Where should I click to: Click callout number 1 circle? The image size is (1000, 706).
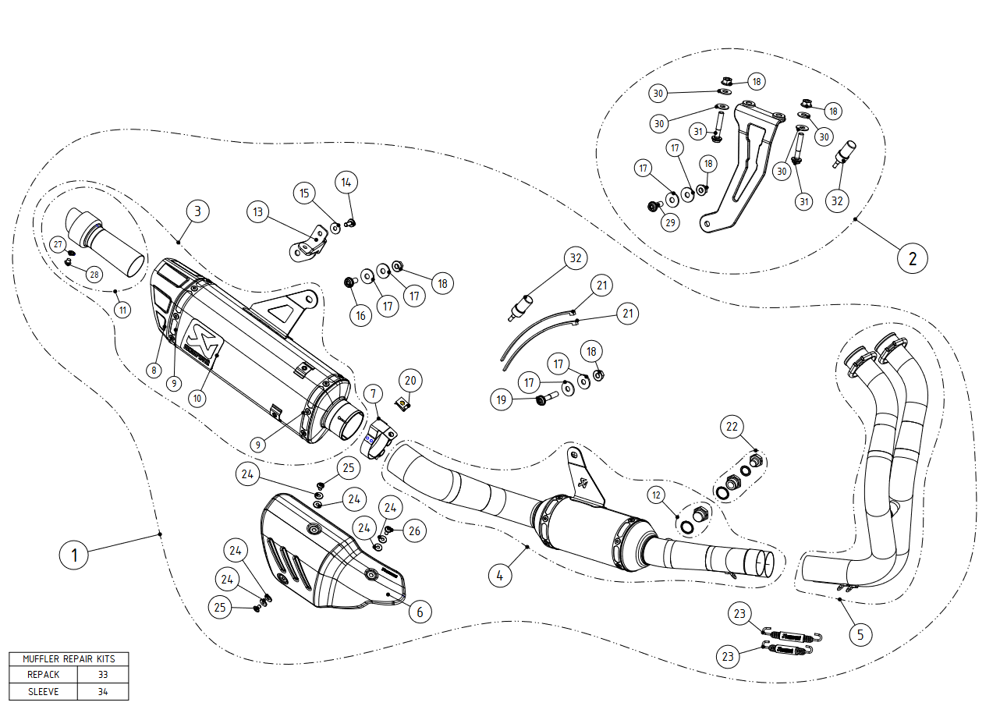[74, 555]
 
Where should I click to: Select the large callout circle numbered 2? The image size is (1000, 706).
[912, 257]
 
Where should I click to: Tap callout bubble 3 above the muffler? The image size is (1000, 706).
[198, 211]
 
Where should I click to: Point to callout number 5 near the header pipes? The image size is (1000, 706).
[860, 634]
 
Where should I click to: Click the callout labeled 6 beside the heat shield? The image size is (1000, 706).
[420, 612]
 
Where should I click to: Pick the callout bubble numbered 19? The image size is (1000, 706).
[502, 400]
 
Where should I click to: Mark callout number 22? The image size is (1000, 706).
[732, 427]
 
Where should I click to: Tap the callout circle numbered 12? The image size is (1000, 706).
[656, 495]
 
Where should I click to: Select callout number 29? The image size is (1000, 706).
[670, 222]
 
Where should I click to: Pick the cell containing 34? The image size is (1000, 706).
[103, 691]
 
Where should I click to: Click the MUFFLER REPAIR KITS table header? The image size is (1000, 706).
[69, 659]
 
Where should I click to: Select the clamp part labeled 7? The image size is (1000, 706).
[379, 437]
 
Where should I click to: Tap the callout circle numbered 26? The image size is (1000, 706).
[414, 531]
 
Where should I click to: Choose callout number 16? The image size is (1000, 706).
[360, 316]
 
